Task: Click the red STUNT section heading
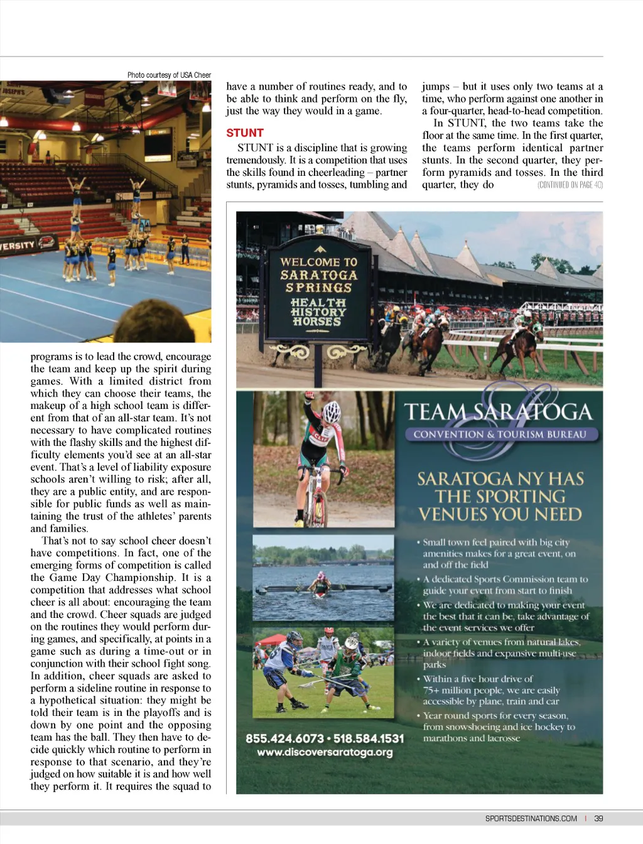[245, 133]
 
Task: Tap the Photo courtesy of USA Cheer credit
[169, 75]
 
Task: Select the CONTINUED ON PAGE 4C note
[570, 185]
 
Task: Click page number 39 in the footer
[598, 819]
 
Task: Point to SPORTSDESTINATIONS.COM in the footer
[531, 819]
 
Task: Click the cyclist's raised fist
[308, 397]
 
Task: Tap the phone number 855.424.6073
[284, 738]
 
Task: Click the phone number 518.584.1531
[369, 738]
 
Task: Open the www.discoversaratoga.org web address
[325, 752]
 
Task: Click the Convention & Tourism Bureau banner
[500, 435]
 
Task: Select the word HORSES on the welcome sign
[317, 322]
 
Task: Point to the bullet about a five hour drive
[490, 690]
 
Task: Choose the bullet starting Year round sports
[496, 727]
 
